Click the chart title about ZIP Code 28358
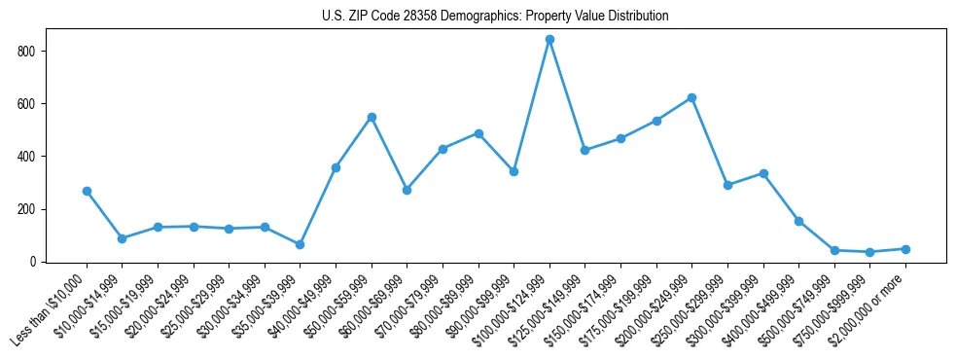coord(495,17)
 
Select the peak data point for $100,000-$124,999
coord(549,39)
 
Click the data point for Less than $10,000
coord(87,191)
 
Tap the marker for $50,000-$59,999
coord(372,117)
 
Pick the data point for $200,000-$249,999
coord(691,97)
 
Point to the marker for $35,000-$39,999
coord(300,244)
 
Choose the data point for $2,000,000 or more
coord(905,249)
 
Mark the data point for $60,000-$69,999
coord(407,190)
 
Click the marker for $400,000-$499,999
coord(798,221)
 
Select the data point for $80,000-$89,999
coord(478,133)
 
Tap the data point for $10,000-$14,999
coord(122,238)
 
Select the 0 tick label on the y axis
coord(38,262)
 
